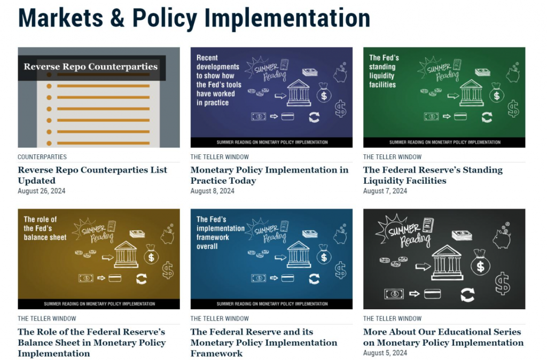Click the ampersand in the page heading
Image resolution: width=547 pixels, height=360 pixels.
pyautogui.click(x=117, y=18)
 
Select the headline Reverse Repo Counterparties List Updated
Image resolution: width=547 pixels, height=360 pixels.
pyautogui.click(x=92, y=175)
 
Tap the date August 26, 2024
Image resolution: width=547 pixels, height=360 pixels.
pyautogui.click(x=42, y=191)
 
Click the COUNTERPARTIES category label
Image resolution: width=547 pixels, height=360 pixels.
pyautogui.click(x=42, y=157)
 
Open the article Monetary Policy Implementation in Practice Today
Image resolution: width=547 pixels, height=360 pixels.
pyautogui.click(x=269, y=175)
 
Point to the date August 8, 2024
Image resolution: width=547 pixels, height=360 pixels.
pyautogui.click(x=213, y=191)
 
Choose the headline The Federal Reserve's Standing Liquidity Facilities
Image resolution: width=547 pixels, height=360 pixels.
pyautogui.click(x=433, y=175)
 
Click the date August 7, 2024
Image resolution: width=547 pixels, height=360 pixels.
pyautogui.click(x=385, y=191)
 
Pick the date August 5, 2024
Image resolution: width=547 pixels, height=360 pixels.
pyautogui.click(x=385, y=353)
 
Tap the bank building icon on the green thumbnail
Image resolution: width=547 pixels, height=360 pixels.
pyautogui.click(x=471, y=93)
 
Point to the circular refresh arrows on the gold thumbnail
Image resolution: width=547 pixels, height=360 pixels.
pyautogui.click(x=142, y=279)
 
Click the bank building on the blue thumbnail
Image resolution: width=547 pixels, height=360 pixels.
pyautogui.click(x=299, y=255)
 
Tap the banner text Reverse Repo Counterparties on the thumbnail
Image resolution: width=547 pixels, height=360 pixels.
pyautogui.click(x=91, y=67)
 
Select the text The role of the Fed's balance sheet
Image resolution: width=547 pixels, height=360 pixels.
pyautogui.click(x=45, y=229)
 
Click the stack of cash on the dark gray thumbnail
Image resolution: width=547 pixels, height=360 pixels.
pyautogui.click(x=462, y=235)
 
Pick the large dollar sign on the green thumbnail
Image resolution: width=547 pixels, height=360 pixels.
pyautogui.click(x=513, y=108)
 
